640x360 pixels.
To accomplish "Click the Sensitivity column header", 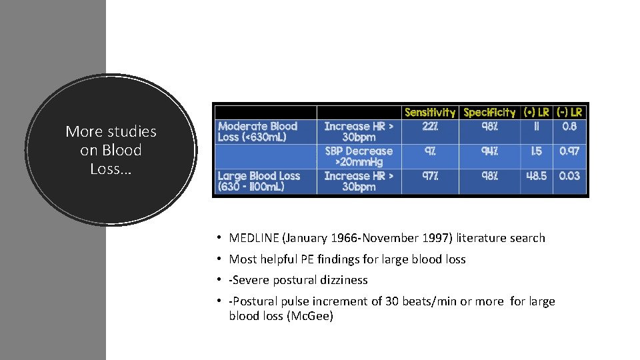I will [430, 113].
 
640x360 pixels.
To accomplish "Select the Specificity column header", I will [489, 113].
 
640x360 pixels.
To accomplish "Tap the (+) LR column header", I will [537, 113].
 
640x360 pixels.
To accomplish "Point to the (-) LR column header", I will [569, 113].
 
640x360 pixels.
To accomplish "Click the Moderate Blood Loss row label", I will [258, 131].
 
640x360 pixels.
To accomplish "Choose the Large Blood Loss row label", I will [259, 181].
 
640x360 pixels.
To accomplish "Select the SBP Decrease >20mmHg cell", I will [359, 157].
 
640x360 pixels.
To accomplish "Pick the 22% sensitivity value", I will [430, 126].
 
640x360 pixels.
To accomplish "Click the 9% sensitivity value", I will [430, 151].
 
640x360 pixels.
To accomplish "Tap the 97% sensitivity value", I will [430, 176].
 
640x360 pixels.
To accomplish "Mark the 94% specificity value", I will [489, 151].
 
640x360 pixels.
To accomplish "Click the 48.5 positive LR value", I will [537, 176].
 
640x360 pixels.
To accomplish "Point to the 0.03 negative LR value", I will [569, 176].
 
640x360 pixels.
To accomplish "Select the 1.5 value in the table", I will [537, 151].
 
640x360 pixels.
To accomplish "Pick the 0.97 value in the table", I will [569, 151].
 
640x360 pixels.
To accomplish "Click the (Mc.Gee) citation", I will [309, 316].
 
